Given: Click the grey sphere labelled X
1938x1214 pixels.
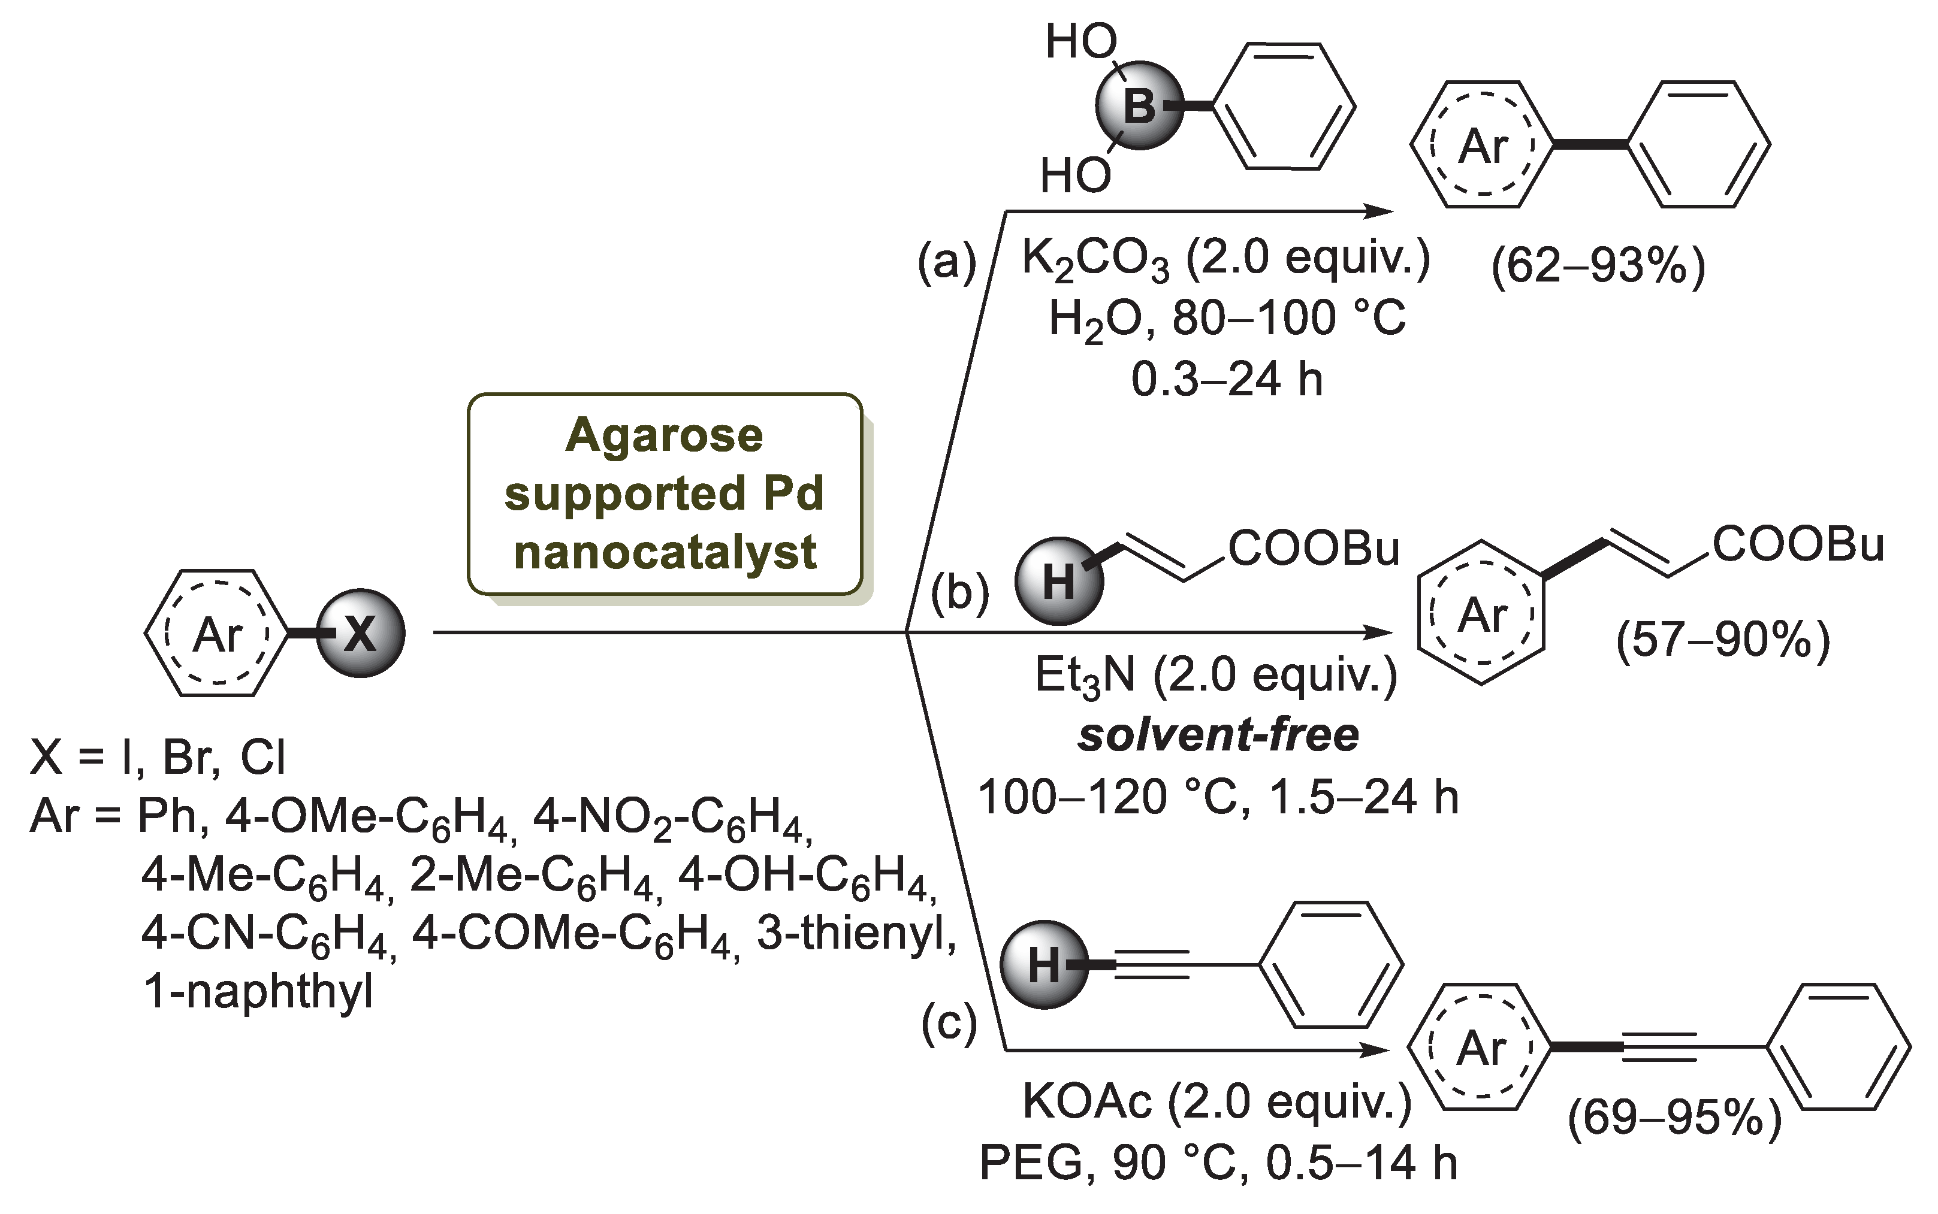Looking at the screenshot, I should point(361,634).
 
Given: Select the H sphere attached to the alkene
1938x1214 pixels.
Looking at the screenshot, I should point(1058,582).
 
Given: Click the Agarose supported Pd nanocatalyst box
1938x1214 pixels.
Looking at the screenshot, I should point(665,494).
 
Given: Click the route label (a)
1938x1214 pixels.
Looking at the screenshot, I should point(947,262).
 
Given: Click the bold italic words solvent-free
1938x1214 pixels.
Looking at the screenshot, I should point(1218,735).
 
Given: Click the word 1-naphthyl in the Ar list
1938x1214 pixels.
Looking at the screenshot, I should point(258,992).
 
